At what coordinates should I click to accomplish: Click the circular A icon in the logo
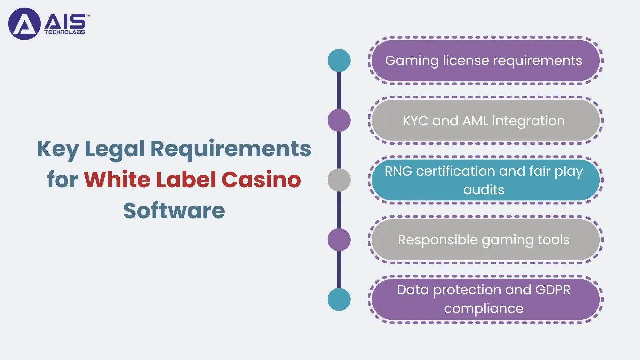pyautogui.click(x=24, y=24)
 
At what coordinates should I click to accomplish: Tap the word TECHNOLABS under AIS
pyautogui.click(x=65, y=32)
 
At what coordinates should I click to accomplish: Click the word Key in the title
pyautogui.click(x=58, y=149)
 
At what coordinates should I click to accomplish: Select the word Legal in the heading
pyautogui.click(x=114, y=149)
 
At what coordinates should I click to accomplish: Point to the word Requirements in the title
pyautogui.click(x=231, y=149)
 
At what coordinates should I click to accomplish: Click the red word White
pyautogui.click(x=117, y=179)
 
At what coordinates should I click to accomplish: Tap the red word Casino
pyautogui.click(x=261, y=179)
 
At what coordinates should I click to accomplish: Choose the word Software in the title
pyautogui.click(x=174, y=210)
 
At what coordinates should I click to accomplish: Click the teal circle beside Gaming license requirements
pyautogui.click(x=339, y=60)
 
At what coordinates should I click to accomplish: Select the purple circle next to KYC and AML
pyautogui.click(x=339, y=120)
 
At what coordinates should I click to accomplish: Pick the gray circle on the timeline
pyautogui.click(x=339, y=180)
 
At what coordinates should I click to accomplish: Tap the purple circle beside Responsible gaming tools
pyautogui.click(x=339, y=240)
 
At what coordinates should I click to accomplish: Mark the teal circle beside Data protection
pyautogui.click(x=339, y=299)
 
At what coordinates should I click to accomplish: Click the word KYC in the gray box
pyautogui.click(x=415, y=121)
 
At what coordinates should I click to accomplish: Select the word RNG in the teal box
pyautogui.click(x=398, y=171)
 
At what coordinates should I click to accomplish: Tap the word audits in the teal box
pyautogui.click(x=484, y=190)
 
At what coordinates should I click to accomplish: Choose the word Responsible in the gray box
pyautogui.click(x=438, y=240)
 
